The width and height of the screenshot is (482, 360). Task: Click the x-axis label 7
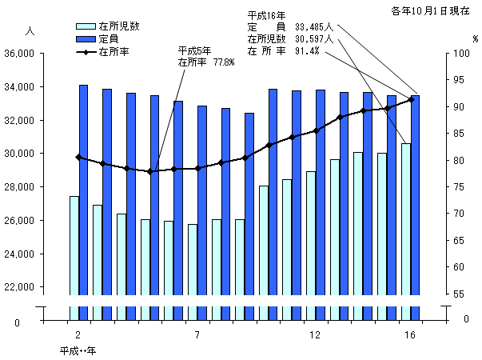pyautogui.click(x=197, y=334)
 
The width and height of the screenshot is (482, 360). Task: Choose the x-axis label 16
pyautogui.click(x=409, y=334)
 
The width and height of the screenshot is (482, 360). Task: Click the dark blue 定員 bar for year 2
pyautogui.click(x=83, y=200)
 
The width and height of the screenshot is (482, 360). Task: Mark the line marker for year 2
pyautogui.click(x=78, y=157)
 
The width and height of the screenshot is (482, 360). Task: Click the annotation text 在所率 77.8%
pyautogui.click(x=205, y=62)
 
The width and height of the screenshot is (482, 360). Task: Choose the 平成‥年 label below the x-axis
pyautogui.click(x=78, y=350)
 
